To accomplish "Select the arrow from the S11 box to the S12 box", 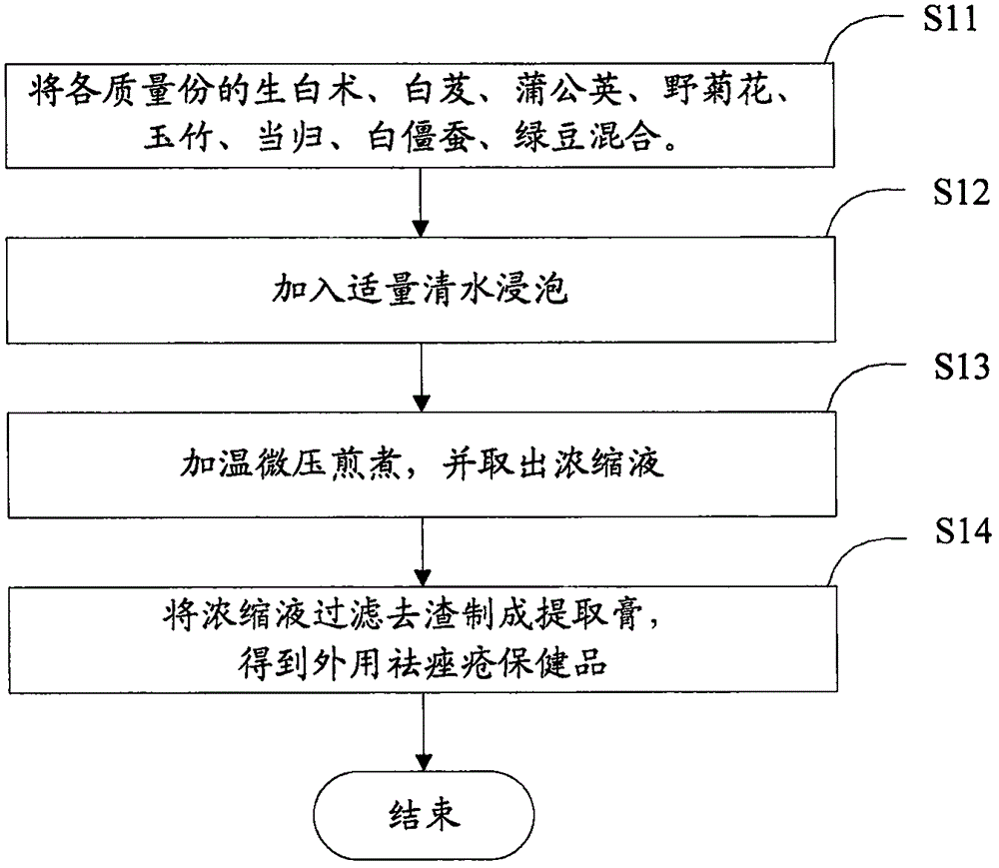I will (x=425, y=200).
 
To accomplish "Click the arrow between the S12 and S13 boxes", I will (x=425, y=375).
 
